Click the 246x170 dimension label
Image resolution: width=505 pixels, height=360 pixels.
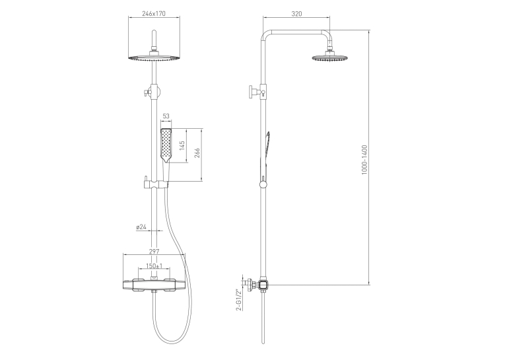click(x=154, y=13)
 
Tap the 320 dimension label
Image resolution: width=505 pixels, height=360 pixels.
click(x=296, y=13)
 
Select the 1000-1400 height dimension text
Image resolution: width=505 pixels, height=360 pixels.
click(x=364, y=160)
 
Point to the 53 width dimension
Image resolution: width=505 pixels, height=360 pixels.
click(x=166, y=116)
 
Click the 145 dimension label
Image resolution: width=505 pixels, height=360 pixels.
click(x=182, y=147)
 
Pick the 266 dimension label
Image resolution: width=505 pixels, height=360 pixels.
click(x=197, y=153)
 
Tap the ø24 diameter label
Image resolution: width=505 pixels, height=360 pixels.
click(x=141, y=227)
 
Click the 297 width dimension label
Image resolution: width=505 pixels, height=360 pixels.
click(x=154, y=252)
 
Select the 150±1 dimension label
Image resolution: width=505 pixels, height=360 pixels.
click(x=154, y=266)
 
